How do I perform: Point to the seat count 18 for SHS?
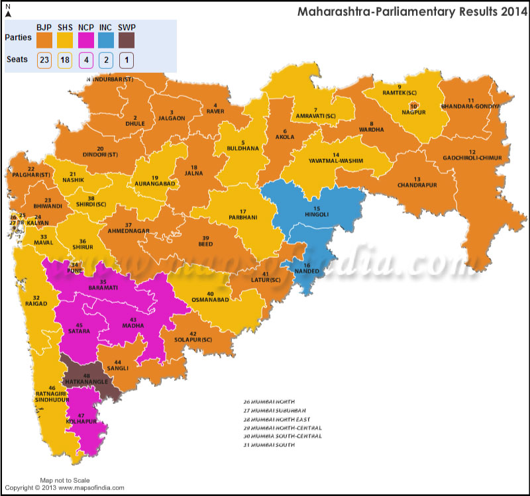coord(66,60)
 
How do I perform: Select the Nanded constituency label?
coord(306,271)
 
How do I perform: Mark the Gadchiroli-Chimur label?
coord(472,158)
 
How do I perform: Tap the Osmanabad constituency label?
coord(210,300)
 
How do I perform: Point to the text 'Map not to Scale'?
coord(64,479)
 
